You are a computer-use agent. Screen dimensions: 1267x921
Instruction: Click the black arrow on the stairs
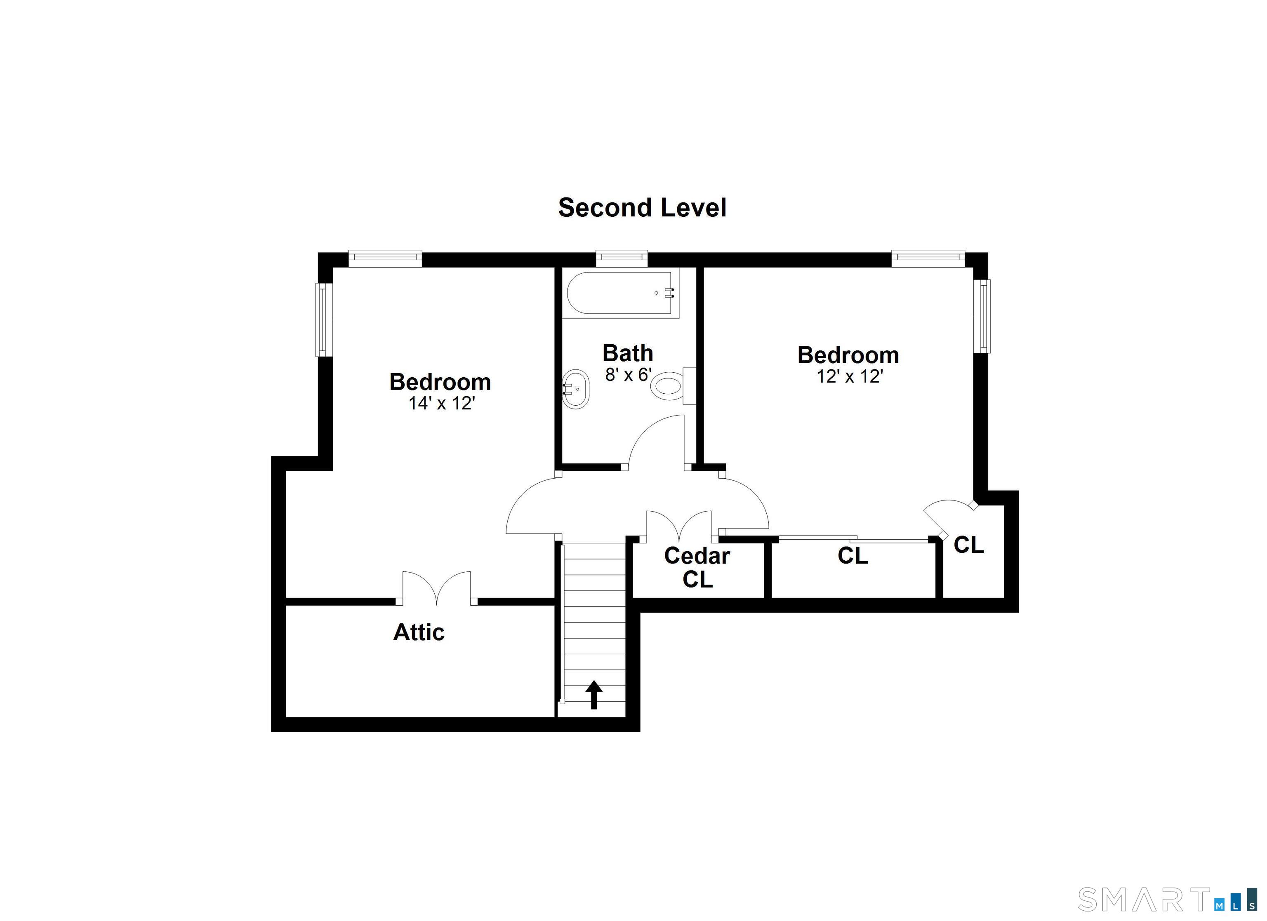click(594, 695)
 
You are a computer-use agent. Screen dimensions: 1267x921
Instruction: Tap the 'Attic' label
click(419, 632)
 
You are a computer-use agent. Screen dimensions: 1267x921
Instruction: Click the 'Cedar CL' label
click(697, 567)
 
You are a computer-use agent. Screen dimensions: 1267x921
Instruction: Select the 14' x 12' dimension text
click(441, 403)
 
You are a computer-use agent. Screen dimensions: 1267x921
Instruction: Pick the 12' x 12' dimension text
click(849, 376)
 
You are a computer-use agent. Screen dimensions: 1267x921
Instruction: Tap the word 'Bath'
click(628, 353)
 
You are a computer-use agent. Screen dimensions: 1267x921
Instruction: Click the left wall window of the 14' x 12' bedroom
click(323, 320)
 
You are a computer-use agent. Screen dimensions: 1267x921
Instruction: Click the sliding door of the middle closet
click(853, 538)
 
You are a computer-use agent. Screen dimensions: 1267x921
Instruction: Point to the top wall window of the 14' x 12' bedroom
click(385, 258)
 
